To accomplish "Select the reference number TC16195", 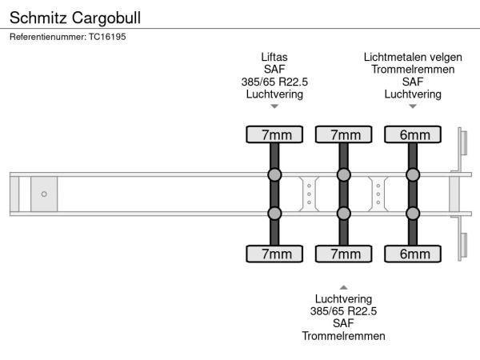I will [107, 36].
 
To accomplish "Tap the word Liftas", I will [274, 58].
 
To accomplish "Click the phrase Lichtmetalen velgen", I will [413, 58].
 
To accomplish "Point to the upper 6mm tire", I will [414, 134].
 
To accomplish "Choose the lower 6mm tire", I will [414, 254].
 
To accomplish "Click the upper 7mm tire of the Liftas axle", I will [274, 134].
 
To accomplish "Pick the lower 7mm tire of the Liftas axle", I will [274, 254].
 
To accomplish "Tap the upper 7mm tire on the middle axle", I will [344, 134].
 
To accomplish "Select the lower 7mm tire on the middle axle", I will [344, 254].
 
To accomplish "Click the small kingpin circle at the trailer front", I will [44, 194].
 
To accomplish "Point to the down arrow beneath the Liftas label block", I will [274, 106].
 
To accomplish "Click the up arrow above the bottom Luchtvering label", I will [343, 286].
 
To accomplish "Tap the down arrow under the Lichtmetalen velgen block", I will [413, 106].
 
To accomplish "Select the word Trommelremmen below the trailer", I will [343, 335].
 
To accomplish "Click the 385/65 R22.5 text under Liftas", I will [274, 82].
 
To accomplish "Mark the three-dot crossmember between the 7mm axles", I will [310, 194].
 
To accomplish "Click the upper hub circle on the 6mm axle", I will [414, 175].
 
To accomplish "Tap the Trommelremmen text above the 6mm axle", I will [413, 70].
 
